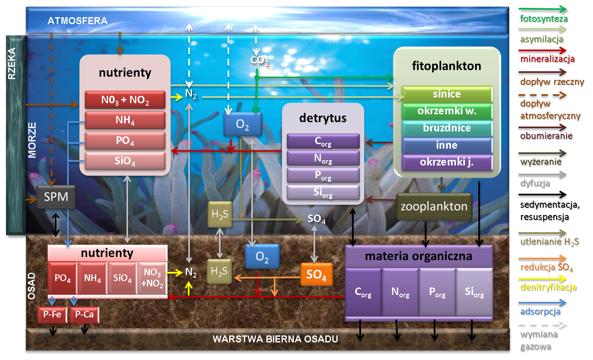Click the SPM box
(x=56, y=197)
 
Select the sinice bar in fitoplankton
(x=447, y=94)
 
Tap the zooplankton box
(x=434, y=206)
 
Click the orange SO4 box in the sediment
(x=316, y=274)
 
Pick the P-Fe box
(x=52, y=315)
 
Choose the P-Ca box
(x=84, y=315)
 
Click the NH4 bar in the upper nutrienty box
(x=125, y=120)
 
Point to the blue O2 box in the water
(x=243, y=125)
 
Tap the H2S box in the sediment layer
(x=219, y=271)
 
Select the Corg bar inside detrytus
(x=323, y=141)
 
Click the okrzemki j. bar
(x=447, y=162)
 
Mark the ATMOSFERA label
(x=77, y=21)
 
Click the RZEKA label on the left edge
(x=12, y=63)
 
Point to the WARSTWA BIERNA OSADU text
(x=275, y=339)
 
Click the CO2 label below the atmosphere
(x=259, y=61)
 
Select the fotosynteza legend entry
(x=543, y=19)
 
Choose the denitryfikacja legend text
(x=548, y=287)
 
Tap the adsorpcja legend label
(x=540, y=312)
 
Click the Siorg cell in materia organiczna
(x=474, y=292)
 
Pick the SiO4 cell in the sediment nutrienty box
(x=122, y=278)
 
